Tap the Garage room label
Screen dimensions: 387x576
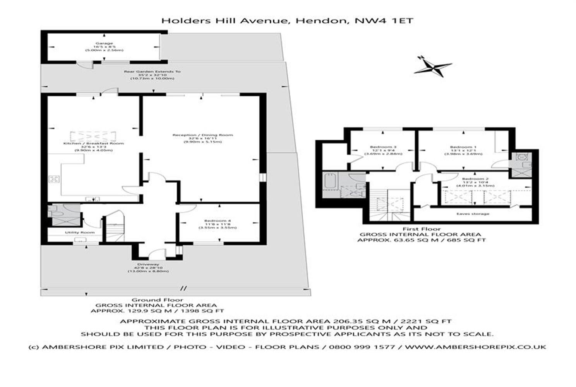click(104, 44)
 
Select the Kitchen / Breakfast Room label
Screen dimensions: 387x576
click(93, 143)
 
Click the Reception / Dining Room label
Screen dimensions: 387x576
click(202, 135)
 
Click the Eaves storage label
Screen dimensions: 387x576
click(473, 214)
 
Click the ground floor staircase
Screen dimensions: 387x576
click(115, 230)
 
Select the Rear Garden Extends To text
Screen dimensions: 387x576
click(152, 72)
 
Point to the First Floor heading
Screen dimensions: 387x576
click(421, 229)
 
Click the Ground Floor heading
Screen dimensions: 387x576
click(157, 300)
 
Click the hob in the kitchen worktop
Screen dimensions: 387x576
click(53, 179)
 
